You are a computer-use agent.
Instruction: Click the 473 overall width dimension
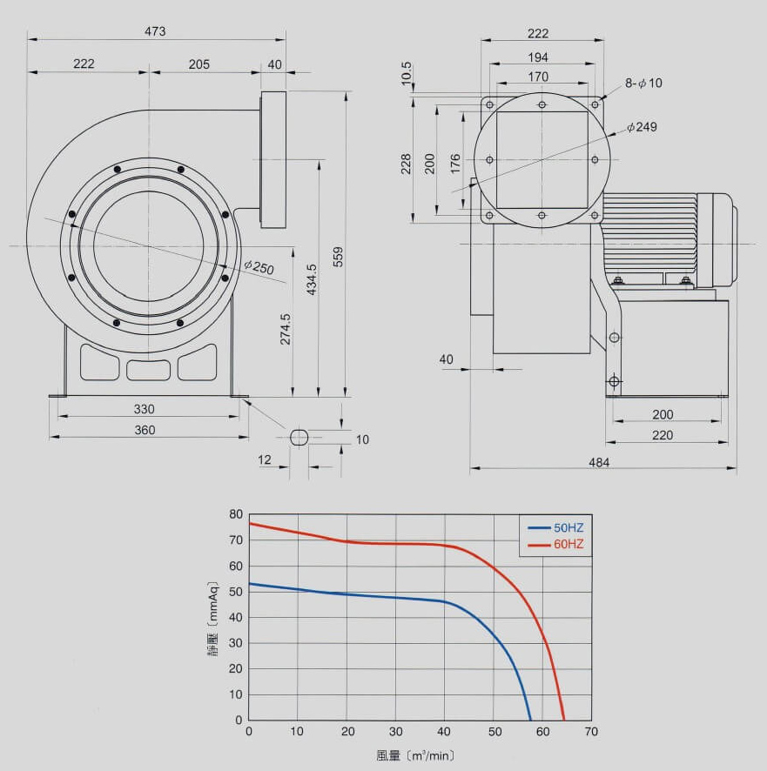(155, 31)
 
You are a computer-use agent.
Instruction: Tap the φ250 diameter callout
(259, 267)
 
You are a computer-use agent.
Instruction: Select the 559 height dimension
(338, 257)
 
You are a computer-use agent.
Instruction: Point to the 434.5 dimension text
(312, 279)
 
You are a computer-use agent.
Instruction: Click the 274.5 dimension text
(286, 329)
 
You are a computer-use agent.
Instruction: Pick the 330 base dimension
(145, 409)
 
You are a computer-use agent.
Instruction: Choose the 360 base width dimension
(145, 430)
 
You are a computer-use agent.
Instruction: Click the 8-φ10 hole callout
(643, 83)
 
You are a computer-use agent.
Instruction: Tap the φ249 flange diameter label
(642, 127)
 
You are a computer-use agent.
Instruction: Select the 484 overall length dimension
(599, 463)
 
